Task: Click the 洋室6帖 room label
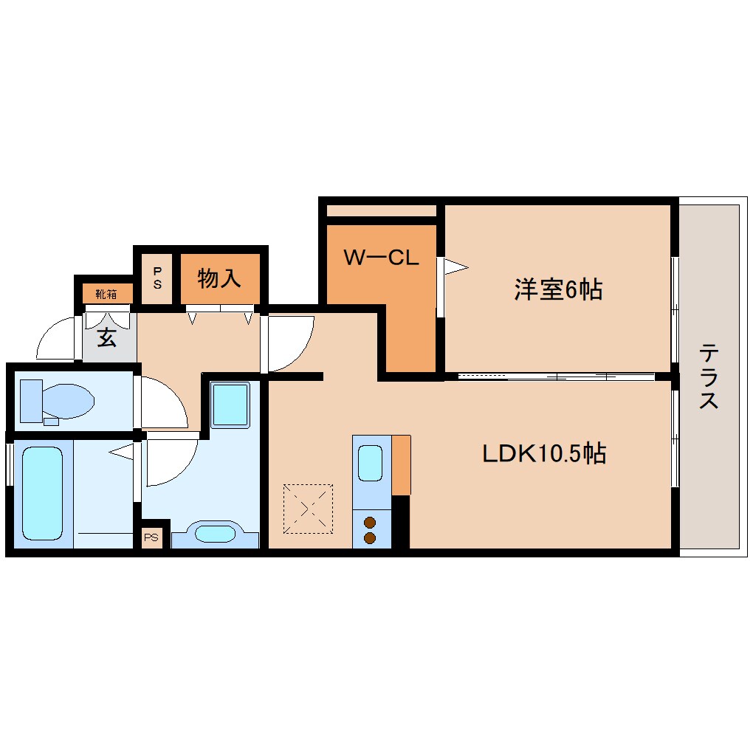[x=558, y=289]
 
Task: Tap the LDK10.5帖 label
[x=544, y=453]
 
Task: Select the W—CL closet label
[x=382, y=258]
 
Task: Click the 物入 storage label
[x=219, y=278]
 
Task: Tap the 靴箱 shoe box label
[x=106, y=294]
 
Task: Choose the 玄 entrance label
[x=106, y=337]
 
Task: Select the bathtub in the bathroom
[x=42, y=493]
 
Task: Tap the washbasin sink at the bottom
[x=215, y=534]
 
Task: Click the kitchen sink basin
[x=371, y=462]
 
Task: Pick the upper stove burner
[x=370, y=523]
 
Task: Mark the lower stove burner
[x=370, y=538]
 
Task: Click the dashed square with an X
[x=308, y=509]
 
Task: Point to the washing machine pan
[x=230, y=405]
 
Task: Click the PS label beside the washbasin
[x=151, y=537]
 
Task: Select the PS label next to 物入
[x=157, y=278]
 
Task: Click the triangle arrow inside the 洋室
[x=455, y=267]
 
